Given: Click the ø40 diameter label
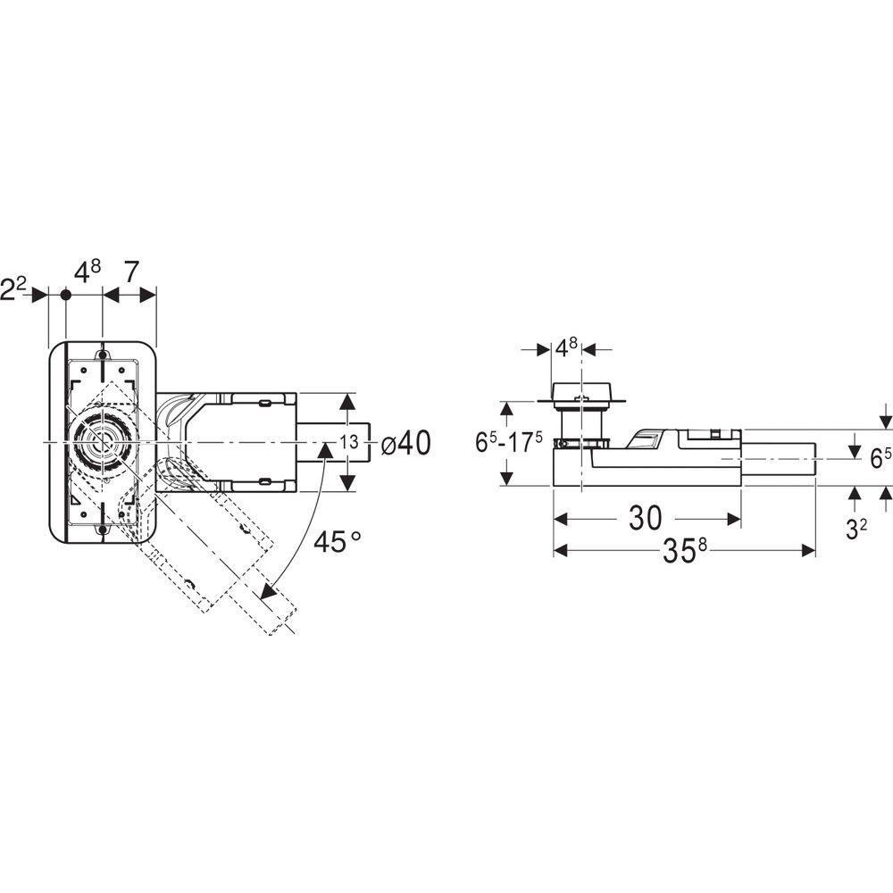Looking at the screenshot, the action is click(405, 443).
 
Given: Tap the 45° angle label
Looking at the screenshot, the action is click(338, 541).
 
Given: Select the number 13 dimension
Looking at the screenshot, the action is click(350, 441).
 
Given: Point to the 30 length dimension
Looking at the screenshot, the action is click(646, 518).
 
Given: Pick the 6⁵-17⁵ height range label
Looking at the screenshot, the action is click(509, 443).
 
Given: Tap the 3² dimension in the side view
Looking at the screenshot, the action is click(856, 529).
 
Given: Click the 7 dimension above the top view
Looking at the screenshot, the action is click(130, 272).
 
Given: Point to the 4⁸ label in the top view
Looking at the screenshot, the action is click(88, 272).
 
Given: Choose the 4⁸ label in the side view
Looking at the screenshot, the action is click(566, 347).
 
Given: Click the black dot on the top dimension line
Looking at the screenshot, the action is click(66, 295).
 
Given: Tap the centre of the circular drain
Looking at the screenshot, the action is click(103, 442).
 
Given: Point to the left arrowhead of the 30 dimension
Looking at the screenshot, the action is click(562, 519).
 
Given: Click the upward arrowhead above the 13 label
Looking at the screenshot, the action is click(346, 404).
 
